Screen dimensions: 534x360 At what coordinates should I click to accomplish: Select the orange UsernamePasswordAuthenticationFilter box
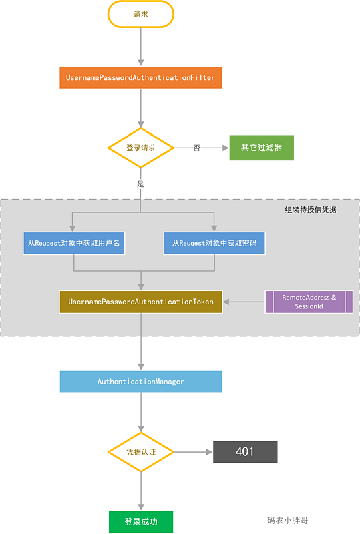point(141,78)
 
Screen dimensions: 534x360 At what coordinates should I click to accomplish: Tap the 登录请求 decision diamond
point(141,148)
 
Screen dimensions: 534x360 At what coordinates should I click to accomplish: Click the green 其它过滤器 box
point(261,148)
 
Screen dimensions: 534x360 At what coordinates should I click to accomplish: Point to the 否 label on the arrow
point(197,148)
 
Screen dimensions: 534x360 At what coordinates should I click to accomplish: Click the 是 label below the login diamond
point(140,183)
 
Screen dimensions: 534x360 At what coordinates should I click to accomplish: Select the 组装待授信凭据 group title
point(311,210)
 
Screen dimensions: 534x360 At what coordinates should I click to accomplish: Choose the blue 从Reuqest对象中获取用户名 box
point(74,243)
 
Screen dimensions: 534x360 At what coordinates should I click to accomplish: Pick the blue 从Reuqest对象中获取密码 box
point(214,243)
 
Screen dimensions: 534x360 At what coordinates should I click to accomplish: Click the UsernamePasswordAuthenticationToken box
point(141,302)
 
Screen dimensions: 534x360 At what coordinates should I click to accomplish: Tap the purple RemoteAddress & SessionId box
point(309,302)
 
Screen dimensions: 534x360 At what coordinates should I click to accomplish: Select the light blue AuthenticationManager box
point(141,382)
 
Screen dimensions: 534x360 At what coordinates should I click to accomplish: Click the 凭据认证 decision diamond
point(141,452)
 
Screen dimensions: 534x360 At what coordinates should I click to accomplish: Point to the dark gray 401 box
point(244,452)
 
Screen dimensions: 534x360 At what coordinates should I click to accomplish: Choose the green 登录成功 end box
point(141,521)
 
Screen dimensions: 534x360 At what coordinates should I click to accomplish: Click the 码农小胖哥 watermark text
point(287,520)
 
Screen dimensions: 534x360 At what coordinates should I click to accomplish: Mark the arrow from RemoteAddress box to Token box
point(244,302)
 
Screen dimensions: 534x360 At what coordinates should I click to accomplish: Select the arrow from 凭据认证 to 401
point(194,452)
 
